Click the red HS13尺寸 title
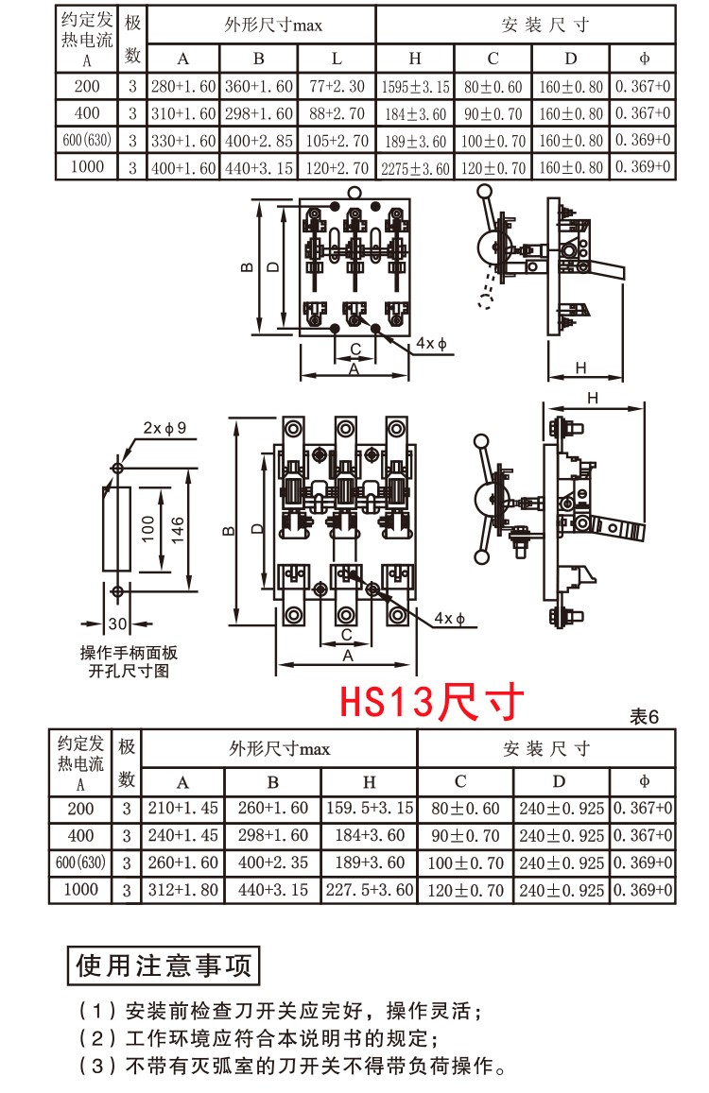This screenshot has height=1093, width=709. pyautogui.click(x=431, y=703)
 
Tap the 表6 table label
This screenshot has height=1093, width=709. pyautogui.click(x=644, y=717)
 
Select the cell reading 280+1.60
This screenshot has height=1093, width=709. pyautogui.click(x=183, y=86)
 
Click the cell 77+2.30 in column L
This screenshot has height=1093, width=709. pyautogui.click(x=337, y=86)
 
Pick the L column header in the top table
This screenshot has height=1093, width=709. pyautogui.click(x=337, y=58)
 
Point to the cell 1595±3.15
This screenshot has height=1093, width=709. pyautogui.click(x=415, y=87)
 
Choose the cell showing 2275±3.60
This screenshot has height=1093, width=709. pyautogui.click(x=415, y=169)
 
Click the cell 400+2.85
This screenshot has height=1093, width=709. pyautogui.click(x=259, y=141)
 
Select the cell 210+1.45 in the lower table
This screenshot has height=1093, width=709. pyautogui.click(x=183, y=809)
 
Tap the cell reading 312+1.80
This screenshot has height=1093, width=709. pyautogui.click(x=183, y=890)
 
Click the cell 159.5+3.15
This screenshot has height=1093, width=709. pyautogui.click(x=370, y=809)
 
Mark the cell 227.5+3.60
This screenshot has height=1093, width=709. pyautogui.click(x=370, y=890)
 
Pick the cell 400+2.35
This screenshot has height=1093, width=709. pyautogui.click(x=273, y=862)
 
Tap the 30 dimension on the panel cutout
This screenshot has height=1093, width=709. pyautogui.click(x=116, y=623)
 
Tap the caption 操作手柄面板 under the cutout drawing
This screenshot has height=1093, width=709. pyautogui.click(x=128, y=654)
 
